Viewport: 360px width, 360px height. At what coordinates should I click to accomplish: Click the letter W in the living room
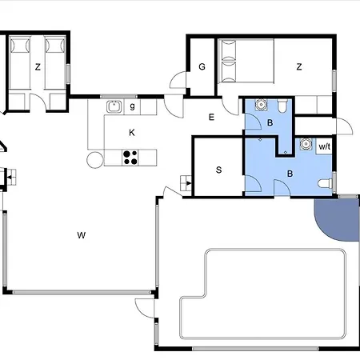point(82,235)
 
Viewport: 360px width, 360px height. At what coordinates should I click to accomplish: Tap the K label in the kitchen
point(132,133)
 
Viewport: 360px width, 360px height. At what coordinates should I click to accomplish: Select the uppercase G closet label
point(202,66)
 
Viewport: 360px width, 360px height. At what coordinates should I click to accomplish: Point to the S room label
point(218,170)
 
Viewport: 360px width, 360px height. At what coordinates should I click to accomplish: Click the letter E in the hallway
point(211,117)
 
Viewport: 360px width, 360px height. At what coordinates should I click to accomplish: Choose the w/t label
point(325,146)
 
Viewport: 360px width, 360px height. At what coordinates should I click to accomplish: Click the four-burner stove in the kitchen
point(130,158)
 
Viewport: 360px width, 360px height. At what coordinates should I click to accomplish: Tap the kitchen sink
point(114,106)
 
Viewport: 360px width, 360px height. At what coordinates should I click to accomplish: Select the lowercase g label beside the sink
point(132,106)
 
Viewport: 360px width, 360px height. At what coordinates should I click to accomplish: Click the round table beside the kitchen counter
point(95,160)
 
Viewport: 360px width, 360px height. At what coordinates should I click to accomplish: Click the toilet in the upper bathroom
point(282,105)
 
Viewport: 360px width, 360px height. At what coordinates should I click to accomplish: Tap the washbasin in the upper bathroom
point(260,104)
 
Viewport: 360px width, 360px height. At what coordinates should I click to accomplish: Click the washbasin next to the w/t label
point(306,144)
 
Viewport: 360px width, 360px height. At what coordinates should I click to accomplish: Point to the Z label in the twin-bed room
point(38,66)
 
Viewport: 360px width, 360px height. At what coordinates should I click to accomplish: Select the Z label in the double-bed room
point(299,66)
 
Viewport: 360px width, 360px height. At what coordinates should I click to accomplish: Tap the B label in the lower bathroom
point(290,174)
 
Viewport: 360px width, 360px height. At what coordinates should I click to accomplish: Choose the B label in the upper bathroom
point(270,122)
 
